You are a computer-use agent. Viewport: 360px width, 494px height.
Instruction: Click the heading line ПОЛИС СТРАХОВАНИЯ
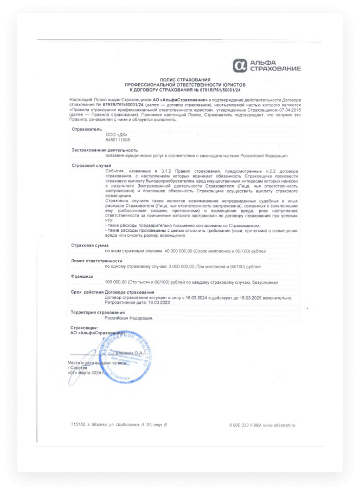184,80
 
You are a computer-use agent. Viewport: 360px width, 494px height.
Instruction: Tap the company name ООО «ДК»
117,134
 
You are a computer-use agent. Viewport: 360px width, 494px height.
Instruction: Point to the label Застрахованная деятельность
105,149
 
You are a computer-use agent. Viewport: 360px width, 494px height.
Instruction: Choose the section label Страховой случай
91,165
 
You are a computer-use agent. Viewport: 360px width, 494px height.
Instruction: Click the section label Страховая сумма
90,245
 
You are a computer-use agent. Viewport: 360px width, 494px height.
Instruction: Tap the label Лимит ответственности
97,261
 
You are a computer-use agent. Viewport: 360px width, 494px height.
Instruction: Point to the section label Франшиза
82,276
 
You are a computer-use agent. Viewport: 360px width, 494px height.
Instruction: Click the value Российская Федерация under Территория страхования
128,318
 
